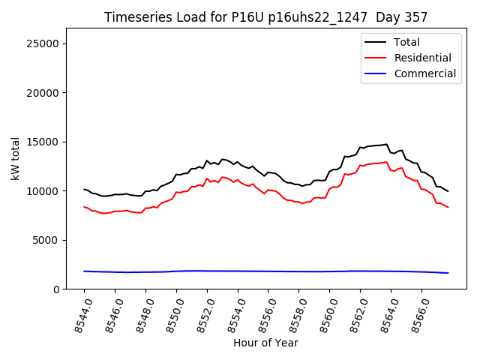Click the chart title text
(265, 17)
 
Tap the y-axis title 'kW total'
(15, 158)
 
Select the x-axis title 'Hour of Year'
(265, 343)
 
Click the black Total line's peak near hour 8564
(387, 144)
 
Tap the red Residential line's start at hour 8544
(84, 207)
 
